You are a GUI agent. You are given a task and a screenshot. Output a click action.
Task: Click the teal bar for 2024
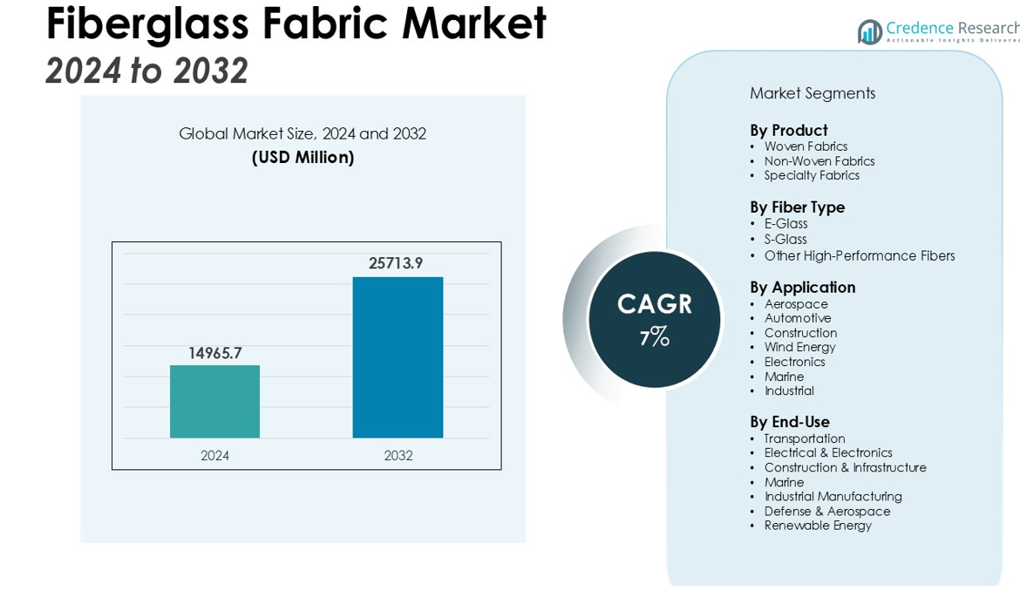coord(214,401)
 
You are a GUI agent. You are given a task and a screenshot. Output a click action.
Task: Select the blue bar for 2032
coord(398,357)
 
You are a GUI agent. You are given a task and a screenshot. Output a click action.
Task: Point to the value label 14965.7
coord(214,353)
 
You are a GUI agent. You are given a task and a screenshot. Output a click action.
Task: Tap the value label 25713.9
coord(396,263)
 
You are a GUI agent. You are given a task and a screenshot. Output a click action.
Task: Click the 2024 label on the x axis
coord(214,455)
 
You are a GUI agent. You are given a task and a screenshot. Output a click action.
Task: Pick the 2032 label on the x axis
coord(398,455)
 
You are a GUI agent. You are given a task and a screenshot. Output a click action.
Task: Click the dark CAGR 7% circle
coord(655,319)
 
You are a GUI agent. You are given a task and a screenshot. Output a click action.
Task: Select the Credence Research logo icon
coord(869,32)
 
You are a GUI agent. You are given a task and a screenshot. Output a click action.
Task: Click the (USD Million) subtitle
coord(303,158)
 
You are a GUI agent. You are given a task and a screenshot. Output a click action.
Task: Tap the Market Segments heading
coord(813,93)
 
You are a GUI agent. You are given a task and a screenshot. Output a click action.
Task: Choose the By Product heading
coord(788,131)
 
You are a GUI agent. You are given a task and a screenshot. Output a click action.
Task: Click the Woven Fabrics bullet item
coord(806,146)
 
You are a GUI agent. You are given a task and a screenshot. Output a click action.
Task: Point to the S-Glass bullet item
coord(785,240)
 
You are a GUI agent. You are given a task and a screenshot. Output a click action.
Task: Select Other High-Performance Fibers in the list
coord(860,255)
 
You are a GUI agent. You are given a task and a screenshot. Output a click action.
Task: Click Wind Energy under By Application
coord(799,347)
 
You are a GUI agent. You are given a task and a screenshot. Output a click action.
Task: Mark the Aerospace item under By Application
coord(796,304)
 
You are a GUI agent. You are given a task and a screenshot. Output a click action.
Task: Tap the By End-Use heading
coord(790,422)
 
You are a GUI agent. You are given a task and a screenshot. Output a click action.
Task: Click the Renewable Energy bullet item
coord(818,526)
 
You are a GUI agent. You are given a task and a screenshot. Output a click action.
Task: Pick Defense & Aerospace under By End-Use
coord(827,511)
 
